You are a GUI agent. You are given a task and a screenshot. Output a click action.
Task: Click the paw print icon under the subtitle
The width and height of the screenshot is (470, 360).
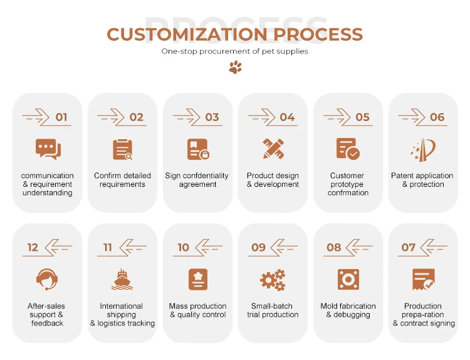pos(235,67)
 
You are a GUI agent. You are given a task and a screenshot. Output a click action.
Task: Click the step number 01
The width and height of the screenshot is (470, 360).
pos(61,117)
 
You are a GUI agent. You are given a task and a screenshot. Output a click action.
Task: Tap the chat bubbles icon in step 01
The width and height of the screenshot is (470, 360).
pos(48,149)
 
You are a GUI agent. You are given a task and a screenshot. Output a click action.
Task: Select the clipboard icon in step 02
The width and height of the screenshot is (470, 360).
pos(123,149)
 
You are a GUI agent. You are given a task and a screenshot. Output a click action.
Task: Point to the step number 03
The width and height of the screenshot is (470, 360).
pos(212,117)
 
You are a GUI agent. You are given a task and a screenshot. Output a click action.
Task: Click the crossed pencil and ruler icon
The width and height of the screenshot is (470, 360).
pos(273,149)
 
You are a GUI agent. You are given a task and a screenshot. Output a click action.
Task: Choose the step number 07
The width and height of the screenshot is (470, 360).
pos(409,248)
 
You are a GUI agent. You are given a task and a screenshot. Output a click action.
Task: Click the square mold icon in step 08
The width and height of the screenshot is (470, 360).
pos(348,279)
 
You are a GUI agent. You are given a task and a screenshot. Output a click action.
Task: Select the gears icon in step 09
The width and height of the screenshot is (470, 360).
pos(273,280)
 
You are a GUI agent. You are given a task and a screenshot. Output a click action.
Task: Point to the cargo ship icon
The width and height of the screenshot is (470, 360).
pos(122,280)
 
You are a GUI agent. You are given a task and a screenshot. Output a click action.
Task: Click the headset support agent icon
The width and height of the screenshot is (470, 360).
pos(47,279)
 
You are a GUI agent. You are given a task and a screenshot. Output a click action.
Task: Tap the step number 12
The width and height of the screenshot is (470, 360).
pos(33,248)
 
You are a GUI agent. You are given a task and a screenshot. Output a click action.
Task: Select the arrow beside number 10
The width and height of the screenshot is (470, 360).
pos(208,248)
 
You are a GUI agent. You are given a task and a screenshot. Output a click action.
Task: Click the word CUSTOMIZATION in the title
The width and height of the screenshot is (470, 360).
pos(173,34)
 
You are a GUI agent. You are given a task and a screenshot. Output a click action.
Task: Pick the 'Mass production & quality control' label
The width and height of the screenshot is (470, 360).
pos(197,310)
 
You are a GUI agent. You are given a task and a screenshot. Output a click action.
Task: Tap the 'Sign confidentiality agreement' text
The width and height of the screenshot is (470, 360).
pos(197,180)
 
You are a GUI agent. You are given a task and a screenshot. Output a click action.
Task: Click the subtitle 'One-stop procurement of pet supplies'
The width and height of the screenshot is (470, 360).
pos(235,51)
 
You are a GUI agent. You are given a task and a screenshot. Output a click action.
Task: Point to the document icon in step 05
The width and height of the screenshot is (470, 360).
pos(348,149)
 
